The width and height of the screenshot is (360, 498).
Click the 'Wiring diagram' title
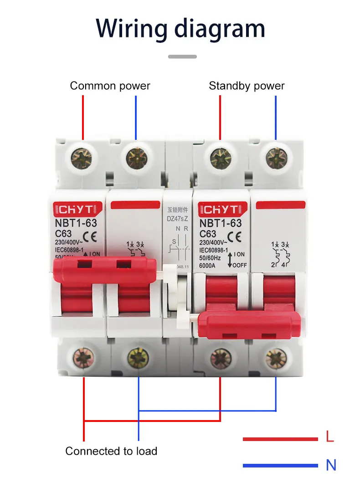180,28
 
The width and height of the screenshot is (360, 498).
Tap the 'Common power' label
110,86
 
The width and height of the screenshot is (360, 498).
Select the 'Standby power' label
247,86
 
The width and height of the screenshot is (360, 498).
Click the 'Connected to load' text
111,451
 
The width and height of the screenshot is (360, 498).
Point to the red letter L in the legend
330,438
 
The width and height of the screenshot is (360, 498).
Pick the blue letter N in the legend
331,465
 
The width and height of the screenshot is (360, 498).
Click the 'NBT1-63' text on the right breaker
221,223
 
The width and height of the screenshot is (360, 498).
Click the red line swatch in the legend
280,439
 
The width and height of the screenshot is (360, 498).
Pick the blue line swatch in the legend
280,466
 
